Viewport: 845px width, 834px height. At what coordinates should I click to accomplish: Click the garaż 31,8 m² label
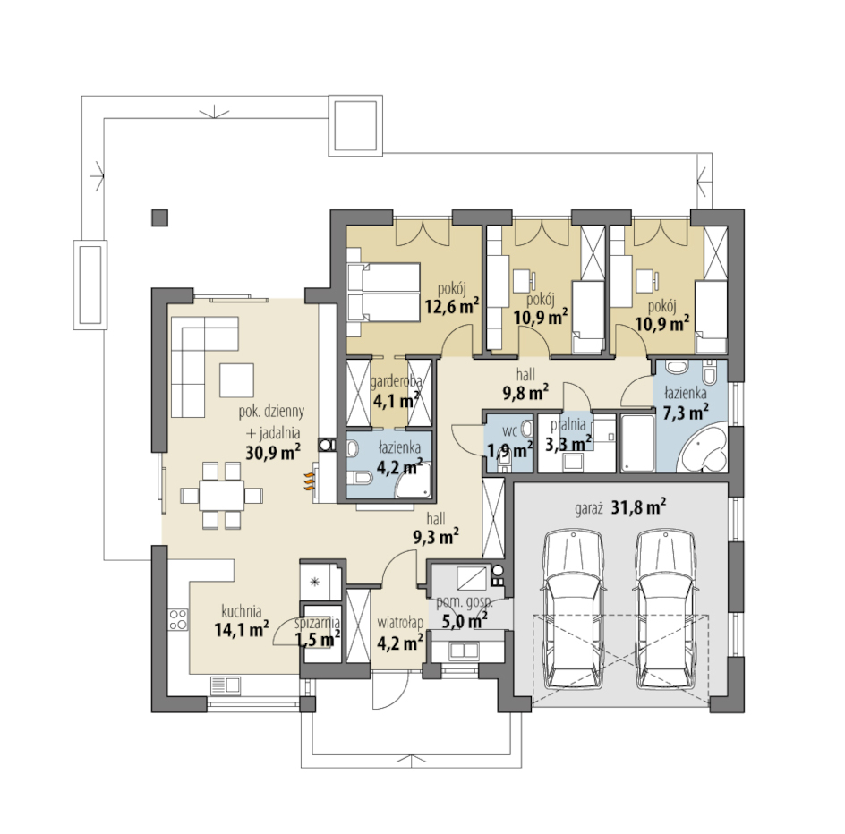point(619,507)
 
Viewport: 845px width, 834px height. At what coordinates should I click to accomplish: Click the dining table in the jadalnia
point(221,495)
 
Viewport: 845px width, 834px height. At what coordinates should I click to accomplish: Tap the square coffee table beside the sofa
point(236,379)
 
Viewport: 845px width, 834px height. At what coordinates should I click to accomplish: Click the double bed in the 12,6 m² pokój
point(383,293)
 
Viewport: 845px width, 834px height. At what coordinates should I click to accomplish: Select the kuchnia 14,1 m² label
point(242,621)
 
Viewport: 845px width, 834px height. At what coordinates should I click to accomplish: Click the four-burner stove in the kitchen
point(178,619)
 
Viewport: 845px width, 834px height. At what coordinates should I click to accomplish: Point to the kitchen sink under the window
point(225,685)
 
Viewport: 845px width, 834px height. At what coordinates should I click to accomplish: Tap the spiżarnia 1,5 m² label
point(317,632)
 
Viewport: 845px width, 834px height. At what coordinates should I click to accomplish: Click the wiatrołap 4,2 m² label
point(400,633)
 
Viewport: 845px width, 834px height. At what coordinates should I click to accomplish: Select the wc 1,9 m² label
point(510,440)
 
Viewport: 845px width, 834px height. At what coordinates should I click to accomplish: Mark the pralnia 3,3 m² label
point(568,434)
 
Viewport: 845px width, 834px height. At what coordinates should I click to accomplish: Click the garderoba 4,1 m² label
point(396,390)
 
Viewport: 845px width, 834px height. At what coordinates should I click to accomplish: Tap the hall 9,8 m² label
point(525,384)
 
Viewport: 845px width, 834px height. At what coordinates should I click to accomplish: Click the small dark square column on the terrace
point(159,217)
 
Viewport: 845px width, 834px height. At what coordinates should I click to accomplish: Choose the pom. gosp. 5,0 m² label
point(461,611)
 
